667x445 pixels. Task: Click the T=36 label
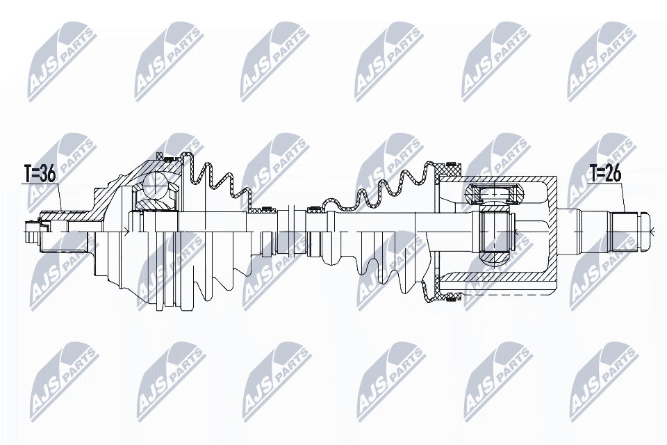[39, 175]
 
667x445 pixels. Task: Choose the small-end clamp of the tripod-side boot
[314, 207]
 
